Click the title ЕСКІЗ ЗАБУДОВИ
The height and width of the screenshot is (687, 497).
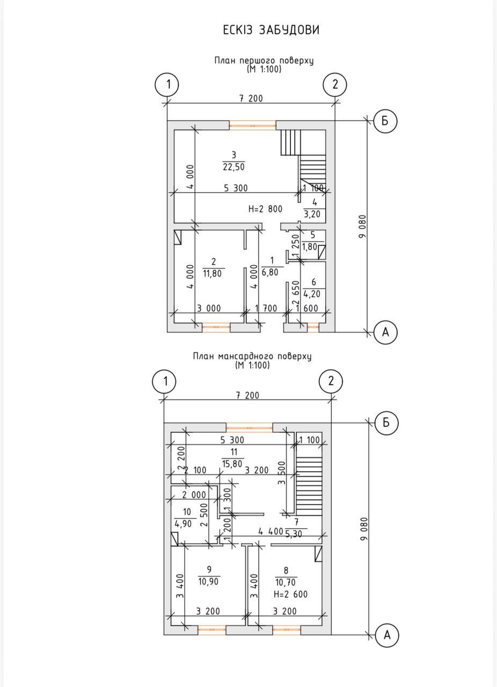click(x=271, y=30)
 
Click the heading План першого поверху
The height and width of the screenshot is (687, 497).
click(x=264, y=61)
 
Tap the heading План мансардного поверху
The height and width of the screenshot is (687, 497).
click(x=252, y=356)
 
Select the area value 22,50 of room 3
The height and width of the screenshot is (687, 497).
click(x=234, y=167)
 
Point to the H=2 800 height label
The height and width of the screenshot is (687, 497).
click(x=265, y=209)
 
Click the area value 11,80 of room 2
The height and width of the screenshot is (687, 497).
click(x=213, y=273)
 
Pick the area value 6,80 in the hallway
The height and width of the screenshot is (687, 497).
click(x=270, y=272)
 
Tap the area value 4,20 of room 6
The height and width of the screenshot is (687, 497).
click(x=312, y=294)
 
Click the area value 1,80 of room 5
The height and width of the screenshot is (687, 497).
click(x=309, y=246)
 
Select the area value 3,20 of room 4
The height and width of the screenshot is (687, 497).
click(x=312, y=214)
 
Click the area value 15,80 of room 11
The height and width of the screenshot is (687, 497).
click(x=232, y=464)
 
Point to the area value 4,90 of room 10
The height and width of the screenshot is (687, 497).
click(x=183, y=523)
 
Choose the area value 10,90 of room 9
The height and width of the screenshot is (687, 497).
click(x=209, y=581)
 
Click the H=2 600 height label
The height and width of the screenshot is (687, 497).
click(x=290, y=594)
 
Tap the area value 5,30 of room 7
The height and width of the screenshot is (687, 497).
click(x=294, y=534)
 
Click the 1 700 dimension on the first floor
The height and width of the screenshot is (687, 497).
click(x=266, y=308)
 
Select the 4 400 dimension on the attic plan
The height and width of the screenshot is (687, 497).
click(x=271, y=531)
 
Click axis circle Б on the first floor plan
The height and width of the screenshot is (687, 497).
click(x=385, y=121)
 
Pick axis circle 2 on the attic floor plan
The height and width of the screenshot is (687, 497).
click(x=331, y=382)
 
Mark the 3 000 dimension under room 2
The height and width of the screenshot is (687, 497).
click(x=209, y=308)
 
